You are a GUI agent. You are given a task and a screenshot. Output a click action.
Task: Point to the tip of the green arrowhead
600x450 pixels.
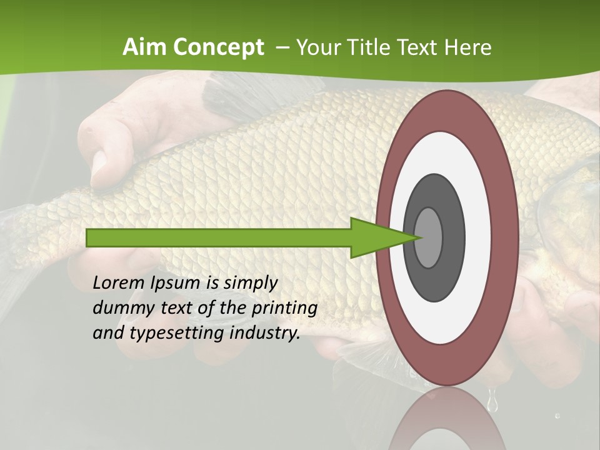tap(419, 237)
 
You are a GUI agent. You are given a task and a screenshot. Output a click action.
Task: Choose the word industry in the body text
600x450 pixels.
tap(265, 333)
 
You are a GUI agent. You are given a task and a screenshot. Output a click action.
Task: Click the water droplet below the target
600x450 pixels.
tap(492, 400)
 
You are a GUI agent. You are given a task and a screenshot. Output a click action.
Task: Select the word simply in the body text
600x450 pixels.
tap(249, 283)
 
